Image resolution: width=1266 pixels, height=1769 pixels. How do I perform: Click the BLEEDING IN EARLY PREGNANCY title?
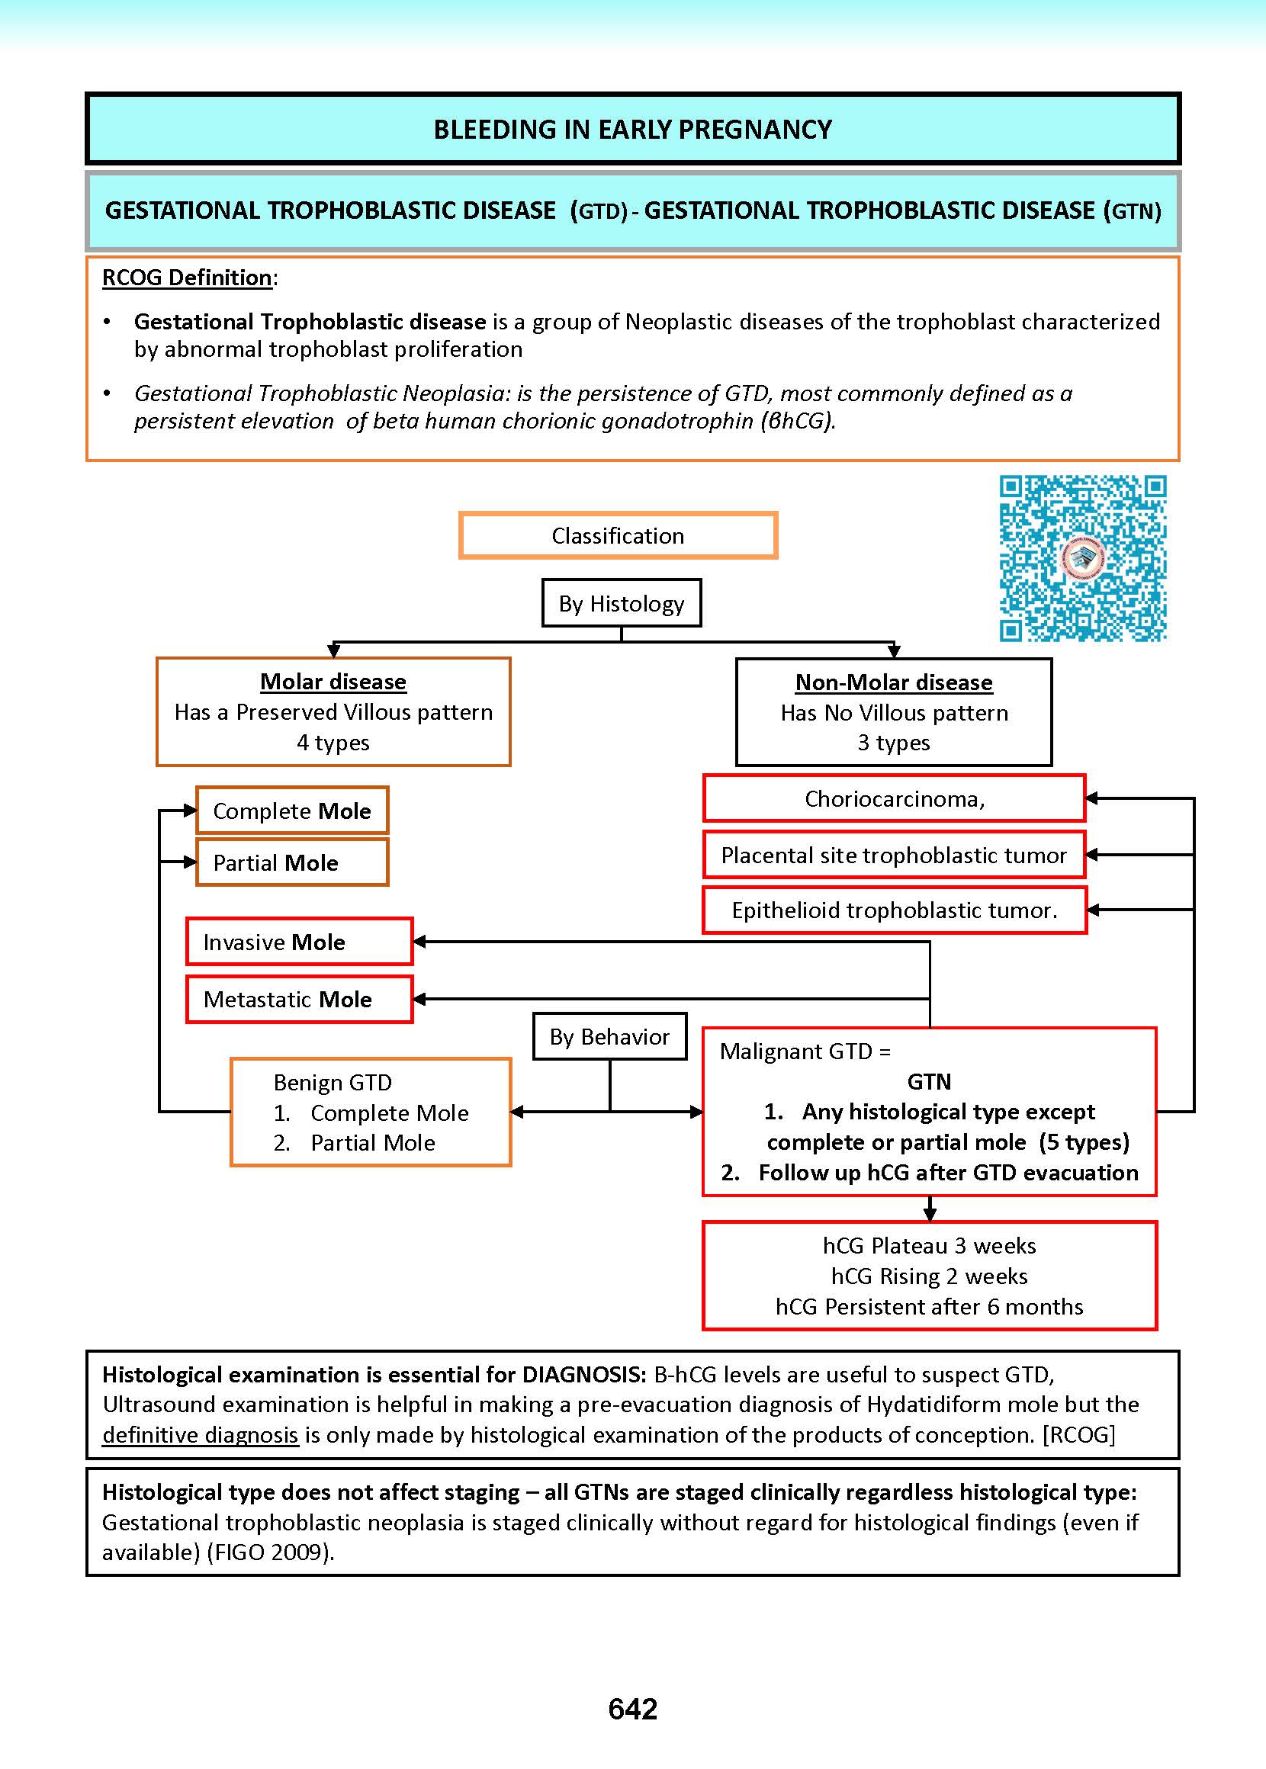632,130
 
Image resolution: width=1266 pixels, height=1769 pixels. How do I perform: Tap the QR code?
1083,559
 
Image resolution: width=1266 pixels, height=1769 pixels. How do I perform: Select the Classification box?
619,535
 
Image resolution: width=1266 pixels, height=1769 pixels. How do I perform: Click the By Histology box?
622,603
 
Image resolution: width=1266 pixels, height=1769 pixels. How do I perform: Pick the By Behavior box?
609,1036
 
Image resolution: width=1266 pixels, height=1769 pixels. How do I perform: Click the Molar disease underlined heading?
333,682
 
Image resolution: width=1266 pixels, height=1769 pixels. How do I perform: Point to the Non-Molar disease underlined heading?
893,682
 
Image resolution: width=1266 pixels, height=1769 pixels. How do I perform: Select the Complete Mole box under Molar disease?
292,811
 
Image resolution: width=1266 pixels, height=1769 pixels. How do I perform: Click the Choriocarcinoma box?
894,799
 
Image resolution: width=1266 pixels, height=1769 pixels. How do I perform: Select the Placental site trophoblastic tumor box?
894,855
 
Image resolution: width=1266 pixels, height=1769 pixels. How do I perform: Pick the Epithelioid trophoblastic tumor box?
894,910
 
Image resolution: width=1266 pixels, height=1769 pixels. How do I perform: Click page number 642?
632,1709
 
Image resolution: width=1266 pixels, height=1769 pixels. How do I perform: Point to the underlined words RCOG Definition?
187,278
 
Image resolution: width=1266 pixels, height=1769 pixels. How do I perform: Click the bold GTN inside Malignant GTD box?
929,1082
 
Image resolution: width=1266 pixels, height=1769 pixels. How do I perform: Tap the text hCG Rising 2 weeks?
929,1276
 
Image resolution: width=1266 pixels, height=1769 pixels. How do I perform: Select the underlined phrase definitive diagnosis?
201,1435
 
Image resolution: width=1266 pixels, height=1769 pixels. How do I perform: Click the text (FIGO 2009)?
271,1552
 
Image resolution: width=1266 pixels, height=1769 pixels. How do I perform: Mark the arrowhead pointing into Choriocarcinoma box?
1092,798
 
